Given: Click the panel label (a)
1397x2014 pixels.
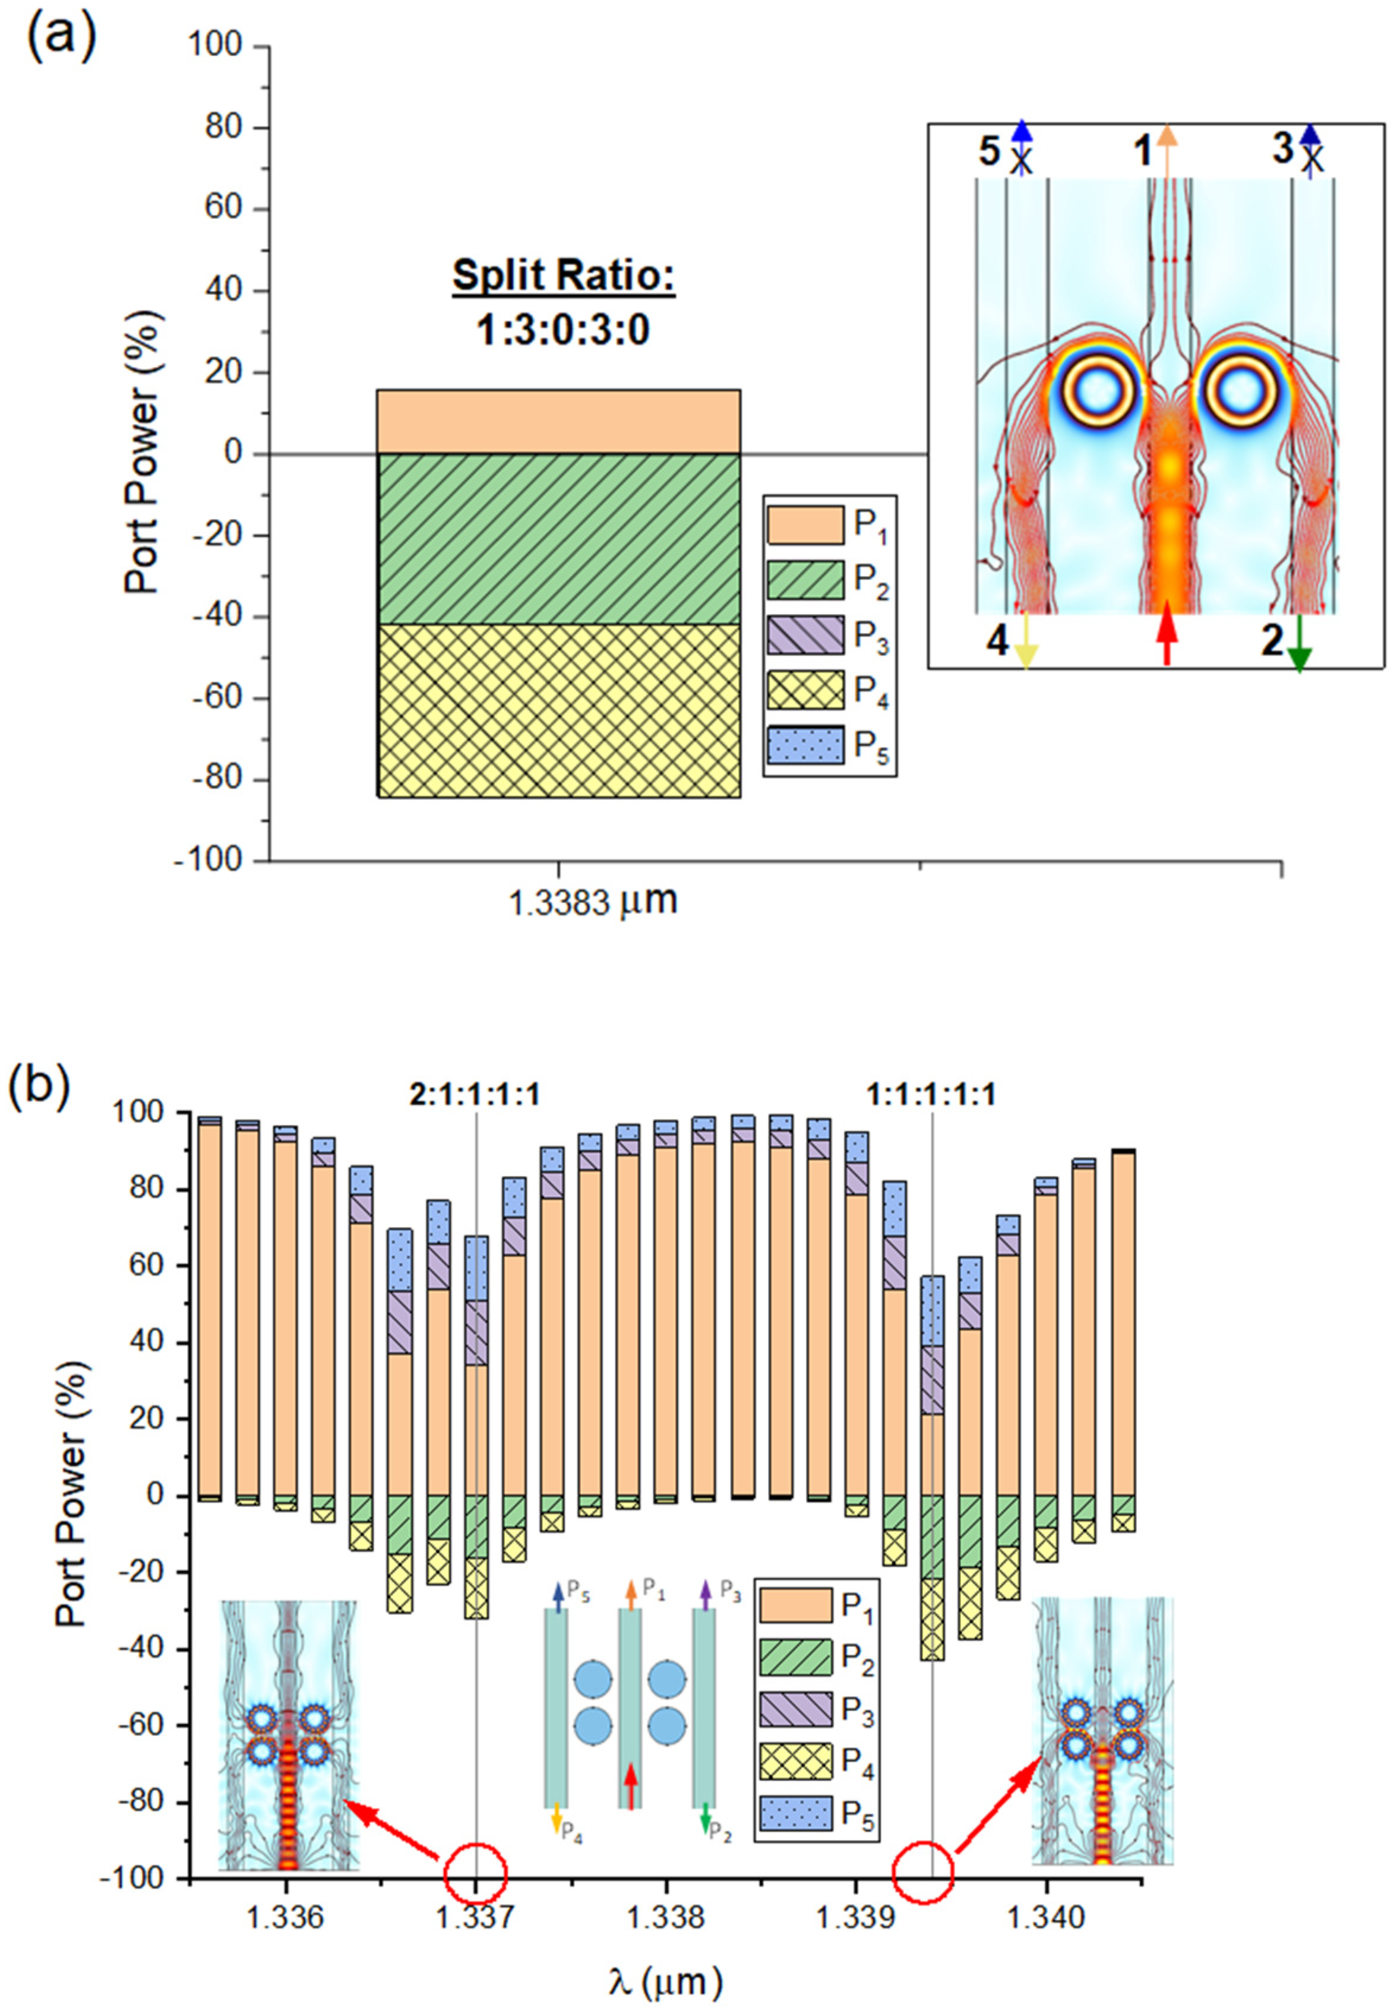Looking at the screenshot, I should [59, 37].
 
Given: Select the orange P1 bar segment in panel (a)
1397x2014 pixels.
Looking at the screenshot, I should [558, 422].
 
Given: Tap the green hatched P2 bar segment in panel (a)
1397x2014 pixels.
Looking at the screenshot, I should [558, 538].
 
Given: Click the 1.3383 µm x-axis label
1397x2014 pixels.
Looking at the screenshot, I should [593, 902].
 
